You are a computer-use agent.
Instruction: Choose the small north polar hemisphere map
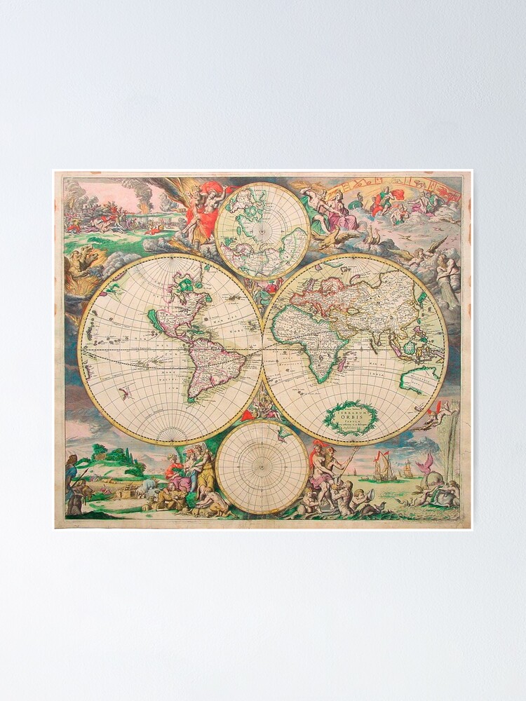pyautogui.click(x=262, y=231)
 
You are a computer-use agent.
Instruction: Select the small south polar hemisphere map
pyautogui.click(x=262, y=467)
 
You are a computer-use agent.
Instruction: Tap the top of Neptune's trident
pyautogui.click(x=355, y=449)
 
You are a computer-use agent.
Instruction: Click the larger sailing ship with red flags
pyautogui.click(x=383, y=467)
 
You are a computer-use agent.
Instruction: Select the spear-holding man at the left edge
pyautogui.click(x=71, y=484)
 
